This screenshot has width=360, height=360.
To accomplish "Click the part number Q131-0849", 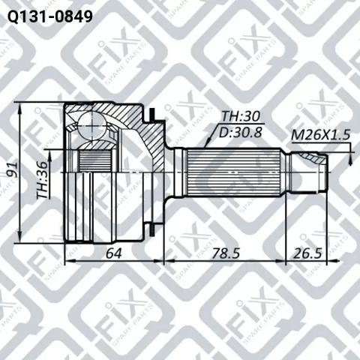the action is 50,16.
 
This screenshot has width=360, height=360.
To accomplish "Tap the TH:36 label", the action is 42,180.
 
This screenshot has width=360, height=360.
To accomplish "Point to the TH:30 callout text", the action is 241,116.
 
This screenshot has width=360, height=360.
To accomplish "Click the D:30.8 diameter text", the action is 241,132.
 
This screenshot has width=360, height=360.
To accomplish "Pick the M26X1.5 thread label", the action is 320,135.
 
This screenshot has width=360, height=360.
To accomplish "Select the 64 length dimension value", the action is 114,253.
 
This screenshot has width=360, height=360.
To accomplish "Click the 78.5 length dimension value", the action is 226,253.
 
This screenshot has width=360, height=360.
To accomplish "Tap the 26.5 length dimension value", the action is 307,253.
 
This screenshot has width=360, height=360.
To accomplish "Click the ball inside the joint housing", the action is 91,125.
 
